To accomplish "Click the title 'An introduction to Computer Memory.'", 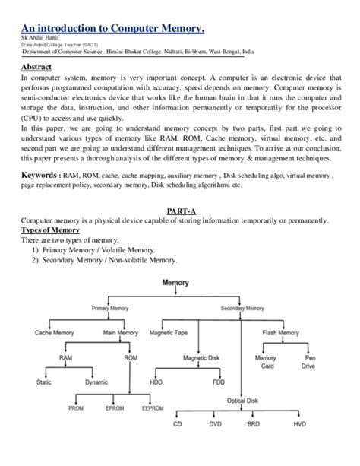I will tap(115, 28).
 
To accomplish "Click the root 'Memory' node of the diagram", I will tap(176, 284).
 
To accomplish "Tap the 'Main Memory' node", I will tap(121, 333).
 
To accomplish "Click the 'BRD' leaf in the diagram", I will tap(253, 423).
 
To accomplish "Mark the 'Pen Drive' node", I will tap(311, 362).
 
